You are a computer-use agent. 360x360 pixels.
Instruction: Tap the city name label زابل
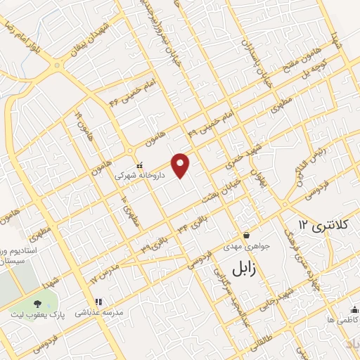click(247, 266)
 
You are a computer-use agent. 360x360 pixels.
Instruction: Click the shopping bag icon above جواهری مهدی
click(246, 234)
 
